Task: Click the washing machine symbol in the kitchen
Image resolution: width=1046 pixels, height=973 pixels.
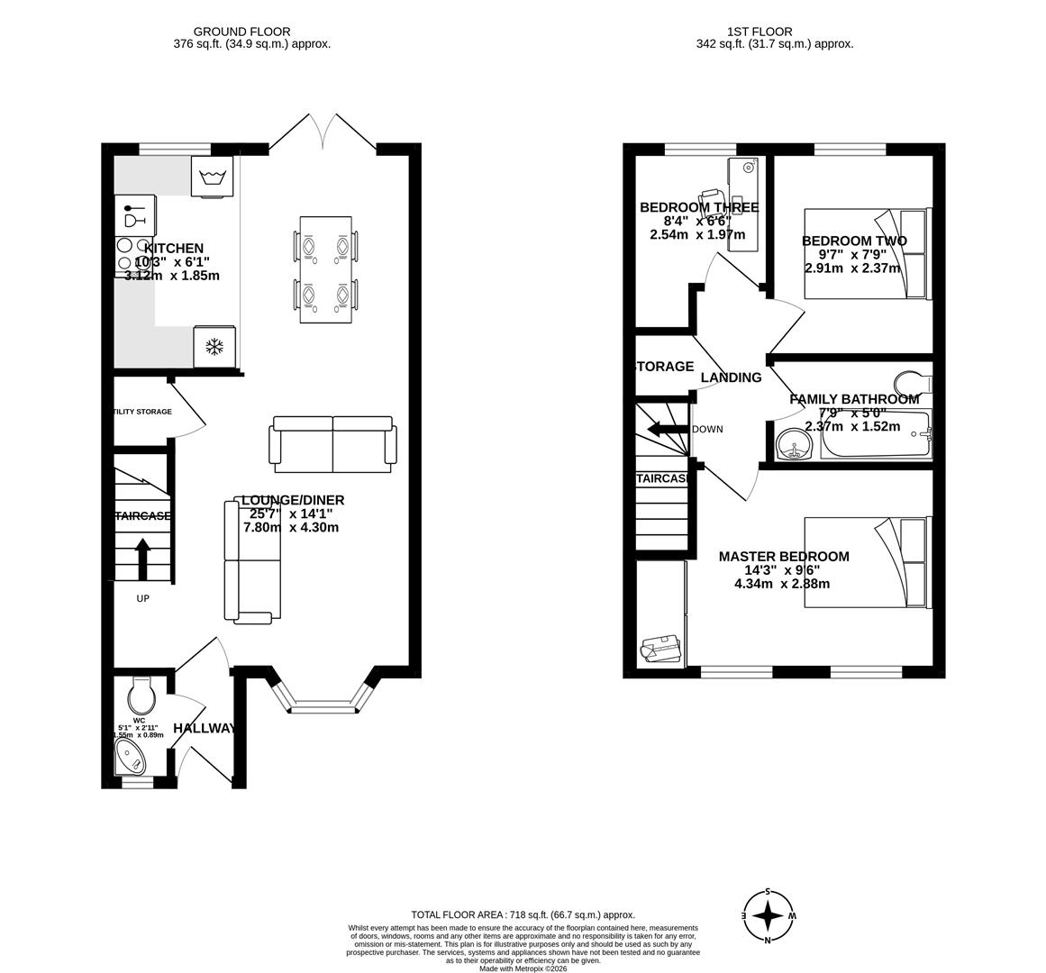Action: pos(212,176)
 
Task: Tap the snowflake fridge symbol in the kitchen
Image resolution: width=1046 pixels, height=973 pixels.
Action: pos(214,347)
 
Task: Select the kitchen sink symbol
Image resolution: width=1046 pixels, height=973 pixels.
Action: pos(134,215)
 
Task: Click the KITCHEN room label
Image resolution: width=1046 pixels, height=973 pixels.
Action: pos(174,249)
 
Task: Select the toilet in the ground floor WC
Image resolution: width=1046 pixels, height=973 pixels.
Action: pos(142,695)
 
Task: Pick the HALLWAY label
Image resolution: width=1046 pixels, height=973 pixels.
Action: pos(205,728)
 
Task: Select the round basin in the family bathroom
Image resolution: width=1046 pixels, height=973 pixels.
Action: pos(794,444)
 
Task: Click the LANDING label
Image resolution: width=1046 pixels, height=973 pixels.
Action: pos(731,377)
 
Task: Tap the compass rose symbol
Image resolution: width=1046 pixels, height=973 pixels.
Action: pos(768,916)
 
